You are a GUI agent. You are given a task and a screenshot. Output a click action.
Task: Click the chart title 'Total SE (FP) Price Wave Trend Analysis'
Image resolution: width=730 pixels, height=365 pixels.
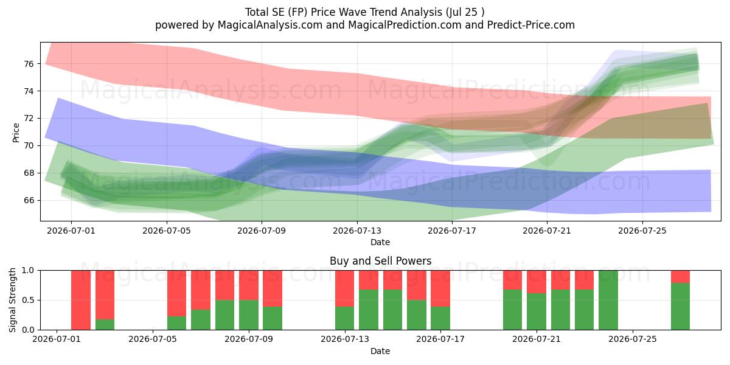pos(342,12)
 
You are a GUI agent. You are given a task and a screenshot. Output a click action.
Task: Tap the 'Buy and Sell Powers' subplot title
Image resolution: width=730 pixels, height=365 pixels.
pos(380,261)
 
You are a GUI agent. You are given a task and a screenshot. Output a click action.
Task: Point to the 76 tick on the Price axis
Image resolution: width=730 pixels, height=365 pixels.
pos(29,64)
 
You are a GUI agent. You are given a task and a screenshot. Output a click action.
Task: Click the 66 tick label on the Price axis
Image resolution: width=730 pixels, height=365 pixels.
pos(29,200)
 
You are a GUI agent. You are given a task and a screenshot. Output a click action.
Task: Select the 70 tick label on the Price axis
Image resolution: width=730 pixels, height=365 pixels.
pos(29,145)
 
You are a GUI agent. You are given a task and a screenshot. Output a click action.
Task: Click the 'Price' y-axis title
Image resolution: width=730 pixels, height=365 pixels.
pos(16,133)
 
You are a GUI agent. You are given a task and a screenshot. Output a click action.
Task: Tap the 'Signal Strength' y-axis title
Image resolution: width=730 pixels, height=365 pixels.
pos(12,300)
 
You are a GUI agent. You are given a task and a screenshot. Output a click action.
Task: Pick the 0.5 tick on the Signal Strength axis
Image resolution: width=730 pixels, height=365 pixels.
pos(28,300)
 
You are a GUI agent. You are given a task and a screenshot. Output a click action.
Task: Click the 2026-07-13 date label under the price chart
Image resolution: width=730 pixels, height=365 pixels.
pos(357,231)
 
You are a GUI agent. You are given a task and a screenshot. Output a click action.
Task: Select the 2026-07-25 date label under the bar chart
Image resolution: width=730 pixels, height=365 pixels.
pos(633,339)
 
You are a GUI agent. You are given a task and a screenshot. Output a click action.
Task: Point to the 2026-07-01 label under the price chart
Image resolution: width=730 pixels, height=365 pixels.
pos(71,231)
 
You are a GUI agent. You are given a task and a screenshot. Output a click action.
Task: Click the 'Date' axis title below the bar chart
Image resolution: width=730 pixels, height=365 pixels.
pos(380,351)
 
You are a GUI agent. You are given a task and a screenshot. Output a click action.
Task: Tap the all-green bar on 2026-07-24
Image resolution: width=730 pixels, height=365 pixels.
pos(608,300)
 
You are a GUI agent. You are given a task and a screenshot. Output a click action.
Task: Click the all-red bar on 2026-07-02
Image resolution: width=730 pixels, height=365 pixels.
pos(81,300)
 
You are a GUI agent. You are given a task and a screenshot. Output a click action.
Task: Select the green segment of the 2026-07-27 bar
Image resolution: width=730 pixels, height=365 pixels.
pos(680,307)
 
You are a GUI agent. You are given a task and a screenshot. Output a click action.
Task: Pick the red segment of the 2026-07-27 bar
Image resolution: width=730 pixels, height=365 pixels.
pos(680,277)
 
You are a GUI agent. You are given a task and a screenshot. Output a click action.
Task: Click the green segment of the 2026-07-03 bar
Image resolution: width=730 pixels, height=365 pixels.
pos(105,325)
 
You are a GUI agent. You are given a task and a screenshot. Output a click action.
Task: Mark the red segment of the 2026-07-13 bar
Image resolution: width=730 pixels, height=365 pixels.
pos(344,288)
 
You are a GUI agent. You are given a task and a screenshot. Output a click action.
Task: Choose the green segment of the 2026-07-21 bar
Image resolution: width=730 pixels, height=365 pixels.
pos(537,311)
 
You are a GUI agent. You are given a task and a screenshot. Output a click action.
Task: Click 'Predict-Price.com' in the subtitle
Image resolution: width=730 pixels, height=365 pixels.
pos(531,25)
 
